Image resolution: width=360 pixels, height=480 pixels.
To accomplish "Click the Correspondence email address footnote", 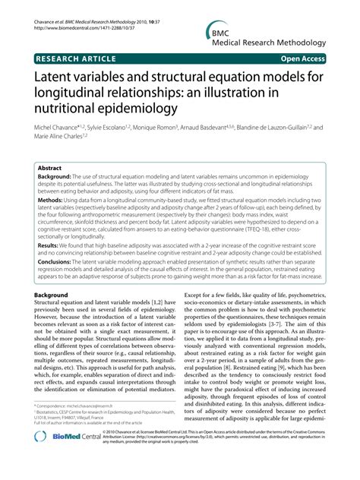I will pyautogui.click(x=77, y=428).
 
